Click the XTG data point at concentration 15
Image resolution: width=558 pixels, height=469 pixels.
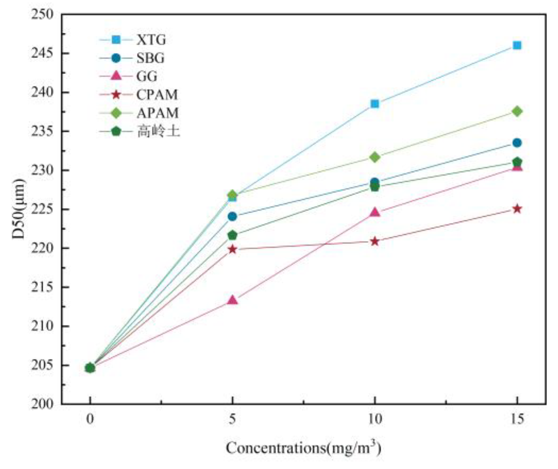tap(517, 45)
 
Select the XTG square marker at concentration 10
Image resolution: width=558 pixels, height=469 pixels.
tap(375, 104)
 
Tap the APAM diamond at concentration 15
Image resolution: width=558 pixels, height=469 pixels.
tap(517, 111)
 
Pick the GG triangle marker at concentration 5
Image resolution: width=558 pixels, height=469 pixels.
tap(232, 300)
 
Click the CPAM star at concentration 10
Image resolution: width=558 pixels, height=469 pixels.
tap(375, 241)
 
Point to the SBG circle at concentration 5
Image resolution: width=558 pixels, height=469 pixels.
tap(232, 216)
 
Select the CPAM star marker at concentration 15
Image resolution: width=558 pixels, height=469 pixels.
tap(517, 209)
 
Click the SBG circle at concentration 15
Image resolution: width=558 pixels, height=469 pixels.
tap(517, 143)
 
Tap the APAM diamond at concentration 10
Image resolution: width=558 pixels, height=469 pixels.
tap(375, 157)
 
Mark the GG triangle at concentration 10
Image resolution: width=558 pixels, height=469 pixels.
tap(375, 212)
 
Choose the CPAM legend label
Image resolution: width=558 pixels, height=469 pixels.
tap(157, 95)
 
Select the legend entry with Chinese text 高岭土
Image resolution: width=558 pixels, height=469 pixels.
tap(158, 131)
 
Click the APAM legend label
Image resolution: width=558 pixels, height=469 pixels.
tap(157, 113)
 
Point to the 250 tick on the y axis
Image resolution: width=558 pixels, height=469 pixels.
tap(42, 14)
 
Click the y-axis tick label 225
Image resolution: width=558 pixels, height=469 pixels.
tap(42, 209)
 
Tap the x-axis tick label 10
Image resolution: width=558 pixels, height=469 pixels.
tap(375, 419)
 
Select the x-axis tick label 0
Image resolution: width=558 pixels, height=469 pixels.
tap(90, 419)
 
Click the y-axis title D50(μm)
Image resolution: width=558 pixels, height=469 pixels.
tap(18, 209)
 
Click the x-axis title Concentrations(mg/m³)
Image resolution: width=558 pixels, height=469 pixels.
tap(304, 448)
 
